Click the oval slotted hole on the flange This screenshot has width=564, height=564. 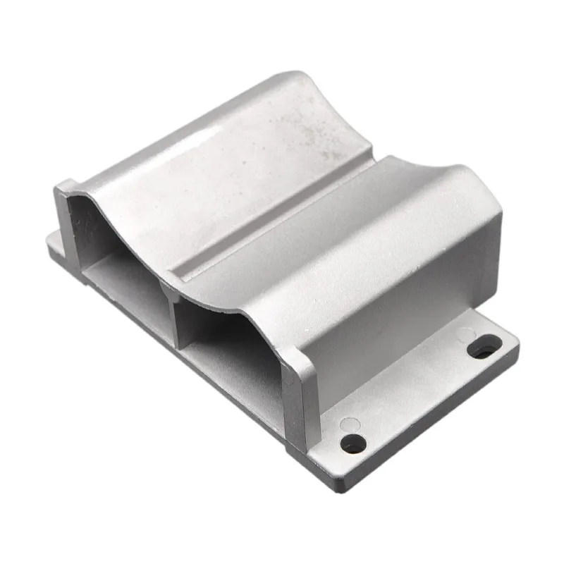point(485,347)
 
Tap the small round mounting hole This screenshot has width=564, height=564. point(352,443)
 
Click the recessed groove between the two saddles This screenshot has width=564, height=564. point(282,211)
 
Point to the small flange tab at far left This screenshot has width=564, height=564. point(54,243)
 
